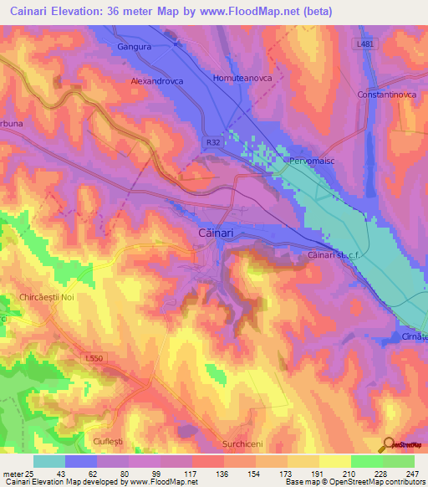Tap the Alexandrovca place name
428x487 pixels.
[x=157, y=82]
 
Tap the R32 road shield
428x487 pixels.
[x=214, y=143]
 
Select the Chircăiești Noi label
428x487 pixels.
[x=53, y=297]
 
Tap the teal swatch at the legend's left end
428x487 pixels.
[x=49, y=461]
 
